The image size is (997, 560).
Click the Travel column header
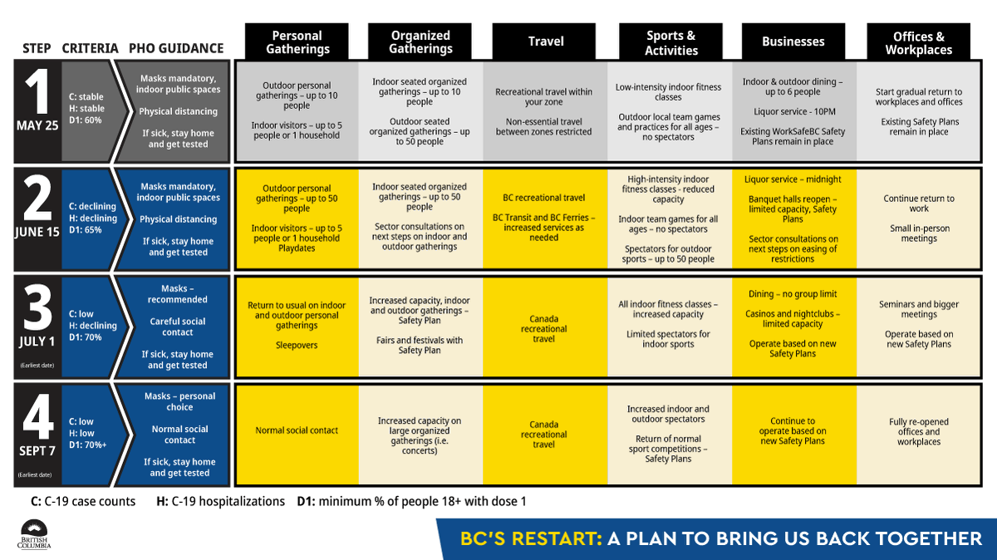546,42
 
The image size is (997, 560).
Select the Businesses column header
793,42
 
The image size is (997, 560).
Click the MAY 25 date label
37,127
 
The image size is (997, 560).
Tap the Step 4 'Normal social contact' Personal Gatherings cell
297,430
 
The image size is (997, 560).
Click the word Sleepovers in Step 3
297,346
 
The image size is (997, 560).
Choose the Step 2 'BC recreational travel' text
544,198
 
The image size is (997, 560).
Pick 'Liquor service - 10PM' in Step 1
793,111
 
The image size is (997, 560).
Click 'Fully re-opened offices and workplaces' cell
918,432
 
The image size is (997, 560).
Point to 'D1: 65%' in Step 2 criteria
86,230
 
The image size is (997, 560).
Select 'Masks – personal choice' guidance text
179,402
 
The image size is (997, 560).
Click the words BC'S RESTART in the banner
531,538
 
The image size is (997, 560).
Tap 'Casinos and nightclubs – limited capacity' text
793,319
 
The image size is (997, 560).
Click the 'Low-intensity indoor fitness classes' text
669,92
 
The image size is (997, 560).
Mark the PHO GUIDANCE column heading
176,48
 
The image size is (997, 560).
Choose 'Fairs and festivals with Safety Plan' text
420,346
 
